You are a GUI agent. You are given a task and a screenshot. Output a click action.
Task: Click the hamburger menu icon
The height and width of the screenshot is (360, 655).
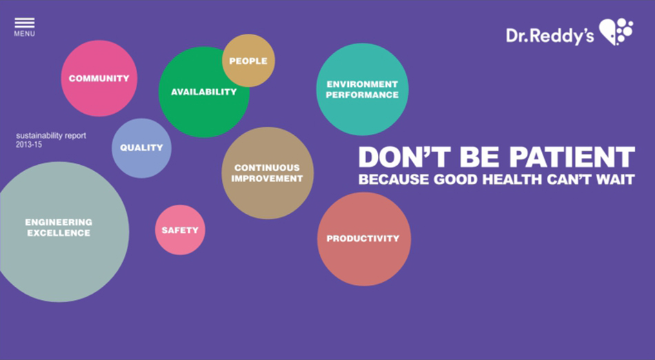25,23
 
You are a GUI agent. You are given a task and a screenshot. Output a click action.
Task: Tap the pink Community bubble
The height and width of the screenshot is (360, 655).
99,78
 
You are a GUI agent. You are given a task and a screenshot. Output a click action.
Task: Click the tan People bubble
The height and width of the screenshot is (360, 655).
248,61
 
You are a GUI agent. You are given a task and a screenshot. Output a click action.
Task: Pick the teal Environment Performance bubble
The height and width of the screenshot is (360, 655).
362,90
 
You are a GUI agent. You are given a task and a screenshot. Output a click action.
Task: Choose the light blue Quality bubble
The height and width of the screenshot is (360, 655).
141,148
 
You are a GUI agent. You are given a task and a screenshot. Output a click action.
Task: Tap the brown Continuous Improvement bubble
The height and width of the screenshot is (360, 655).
268,173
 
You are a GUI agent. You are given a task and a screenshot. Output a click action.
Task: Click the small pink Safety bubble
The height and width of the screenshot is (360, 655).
180,230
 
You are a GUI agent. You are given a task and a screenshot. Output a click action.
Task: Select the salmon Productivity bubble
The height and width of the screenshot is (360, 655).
364,239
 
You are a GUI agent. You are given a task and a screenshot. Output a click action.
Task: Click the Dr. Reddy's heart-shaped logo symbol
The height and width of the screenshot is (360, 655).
616,31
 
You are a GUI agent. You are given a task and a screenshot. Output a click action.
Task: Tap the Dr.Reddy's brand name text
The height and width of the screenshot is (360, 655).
550,37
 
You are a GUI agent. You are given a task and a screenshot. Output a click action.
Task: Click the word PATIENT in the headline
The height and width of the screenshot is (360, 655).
572,157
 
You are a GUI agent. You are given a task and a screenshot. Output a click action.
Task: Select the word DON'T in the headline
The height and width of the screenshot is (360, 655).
404,157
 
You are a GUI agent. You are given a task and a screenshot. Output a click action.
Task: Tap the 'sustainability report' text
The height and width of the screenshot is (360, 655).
51,136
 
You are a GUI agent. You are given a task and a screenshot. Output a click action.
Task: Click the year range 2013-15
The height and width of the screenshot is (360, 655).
29,145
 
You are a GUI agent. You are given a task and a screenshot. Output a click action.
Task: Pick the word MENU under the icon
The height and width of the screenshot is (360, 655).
25,34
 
